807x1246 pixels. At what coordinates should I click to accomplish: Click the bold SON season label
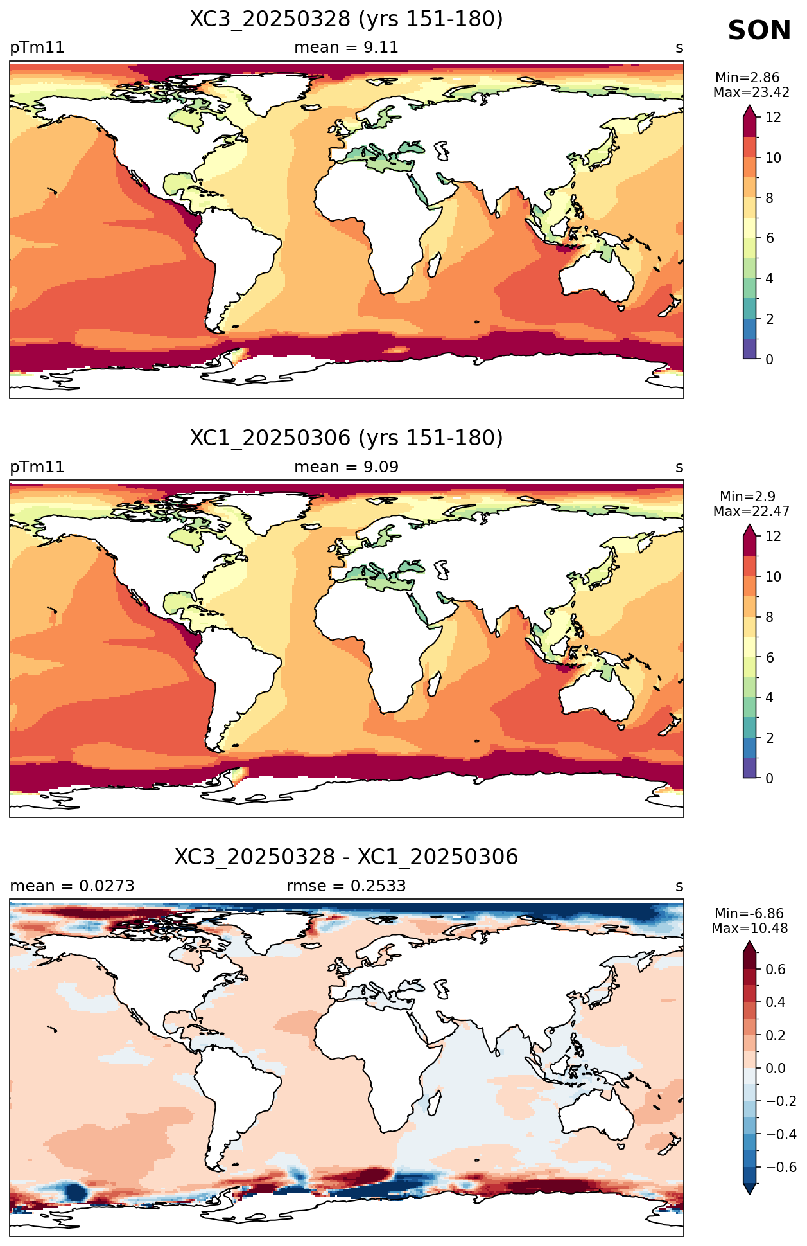pyautogui.click(x=759, y=31)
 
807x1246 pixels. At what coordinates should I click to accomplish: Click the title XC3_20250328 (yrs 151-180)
pyautogui.click(x=346, y=19)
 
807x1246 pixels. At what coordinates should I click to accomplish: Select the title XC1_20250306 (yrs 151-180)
pyautogui.click(x=346, y=438)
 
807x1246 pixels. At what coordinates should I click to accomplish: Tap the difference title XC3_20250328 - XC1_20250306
pyautogui.click(x=346, y=857)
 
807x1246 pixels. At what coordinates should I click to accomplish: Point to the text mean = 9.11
pyautogui.click(x=346, y=48)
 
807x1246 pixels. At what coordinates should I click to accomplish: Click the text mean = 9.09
pyautogui.click(x=346, y=467)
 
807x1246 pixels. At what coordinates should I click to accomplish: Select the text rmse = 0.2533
pyautogui.click(x=346, y=886)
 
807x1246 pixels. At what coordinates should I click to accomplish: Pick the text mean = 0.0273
pyautogui.click(x=72, y=886)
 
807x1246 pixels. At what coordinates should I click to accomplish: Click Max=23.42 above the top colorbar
pyautogui.click(x=751, y=93)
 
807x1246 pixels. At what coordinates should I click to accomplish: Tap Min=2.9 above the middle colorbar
pyautogui.click(x=747, y=497)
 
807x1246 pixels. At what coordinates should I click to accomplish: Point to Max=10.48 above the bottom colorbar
pyautogui.click(x=749, y=929)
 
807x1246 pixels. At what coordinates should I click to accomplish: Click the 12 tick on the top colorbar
pyautogui.click(x=773, y=117)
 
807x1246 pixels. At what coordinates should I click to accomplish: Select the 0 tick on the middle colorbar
pyautogui.click(x=770, y=778)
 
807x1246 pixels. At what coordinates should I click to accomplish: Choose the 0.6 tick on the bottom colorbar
pyautogui.click(x=776, y=969)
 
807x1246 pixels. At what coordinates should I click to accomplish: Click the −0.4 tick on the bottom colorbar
pyautogui.click(x=781, y=1134)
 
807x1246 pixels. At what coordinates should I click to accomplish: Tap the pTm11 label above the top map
pyautogui.click(x=37, y=48)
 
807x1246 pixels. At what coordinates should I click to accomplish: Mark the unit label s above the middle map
pyautogui.click(x=679, y=467)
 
